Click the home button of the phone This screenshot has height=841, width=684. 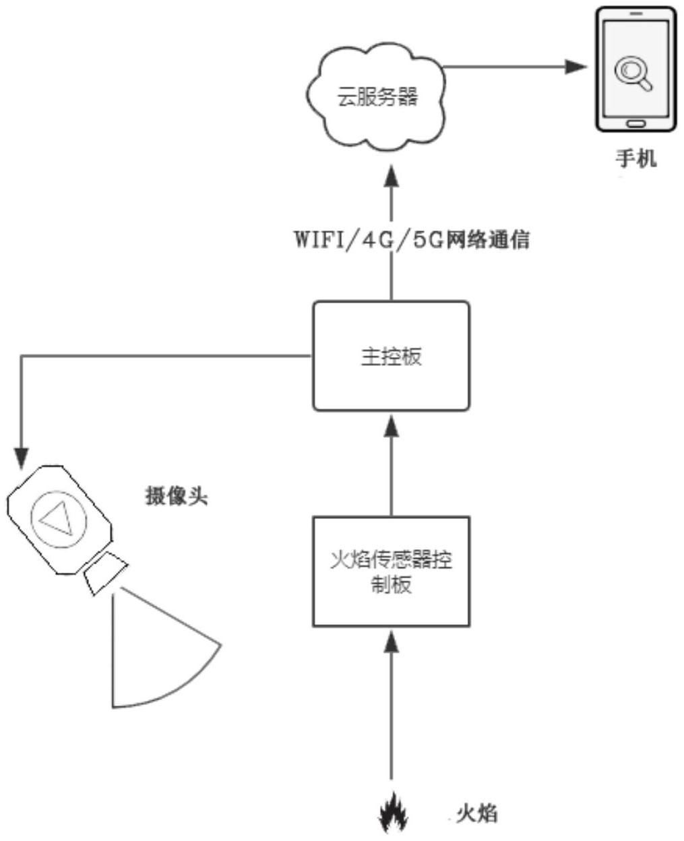click(x=635, y=124)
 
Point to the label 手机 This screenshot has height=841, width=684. click(x=636, y=160)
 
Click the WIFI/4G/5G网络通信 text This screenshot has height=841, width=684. click(x=412, y=240)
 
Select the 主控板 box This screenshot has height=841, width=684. click(x=391, y=356)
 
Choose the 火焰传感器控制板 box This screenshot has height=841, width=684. click(x=391, y=571)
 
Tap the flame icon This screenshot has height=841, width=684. click(x=390, y=815)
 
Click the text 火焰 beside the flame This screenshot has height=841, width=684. click(x=476, y=813)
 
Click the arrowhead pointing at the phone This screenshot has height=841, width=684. click(x=577, y=66)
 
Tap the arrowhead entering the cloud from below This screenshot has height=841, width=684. click(x=391, y=177)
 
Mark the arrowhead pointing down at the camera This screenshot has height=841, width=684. click(x=22, y=459)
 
